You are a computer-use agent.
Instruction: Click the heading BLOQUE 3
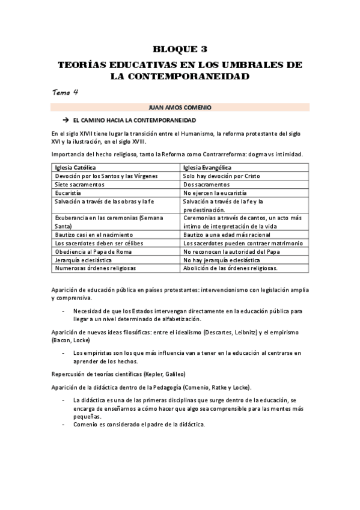click(x=180, y=49)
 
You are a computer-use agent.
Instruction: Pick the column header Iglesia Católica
click(x=76, y=167)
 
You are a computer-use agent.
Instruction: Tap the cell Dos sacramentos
click(x=206, y=184)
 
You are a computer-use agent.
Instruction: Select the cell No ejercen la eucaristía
click(x=215, y=192)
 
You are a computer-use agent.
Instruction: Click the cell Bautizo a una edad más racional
click(x=227, y=234)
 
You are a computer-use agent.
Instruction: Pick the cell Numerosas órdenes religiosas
click(x=95, y=268)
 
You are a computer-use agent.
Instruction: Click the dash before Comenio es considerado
click(x=64, y=425)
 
